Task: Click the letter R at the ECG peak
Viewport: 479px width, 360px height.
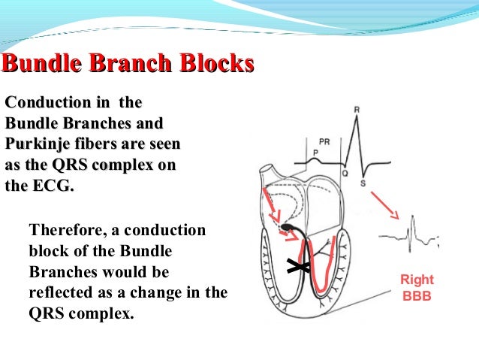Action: pyautogui.click(x=356, y=110)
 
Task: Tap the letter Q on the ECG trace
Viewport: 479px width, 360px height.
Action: pyautogui.click(x=345, y=174)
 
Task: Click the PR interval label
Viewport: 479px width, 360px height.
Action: pyautogui.click(x=324, y=141)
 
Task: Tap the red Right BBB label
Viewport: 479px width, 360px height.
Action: pyautogui.click(x=418, y=288)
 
